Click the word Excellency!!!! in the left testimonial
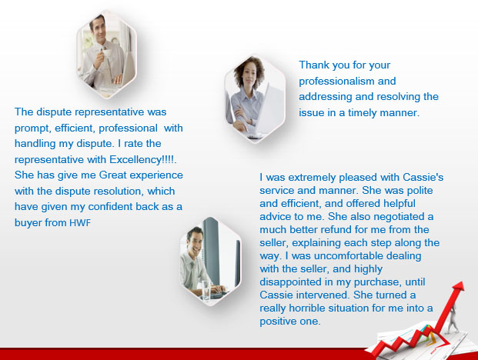pos(143,160)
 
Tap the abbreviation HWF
pos(81,223)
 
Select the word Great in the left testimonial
pos(113,175)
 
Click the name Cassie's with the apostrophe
pos(423,177)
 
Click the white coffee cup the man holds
pos(106,54)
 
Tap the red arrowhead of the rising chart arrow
pos(458,287)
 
